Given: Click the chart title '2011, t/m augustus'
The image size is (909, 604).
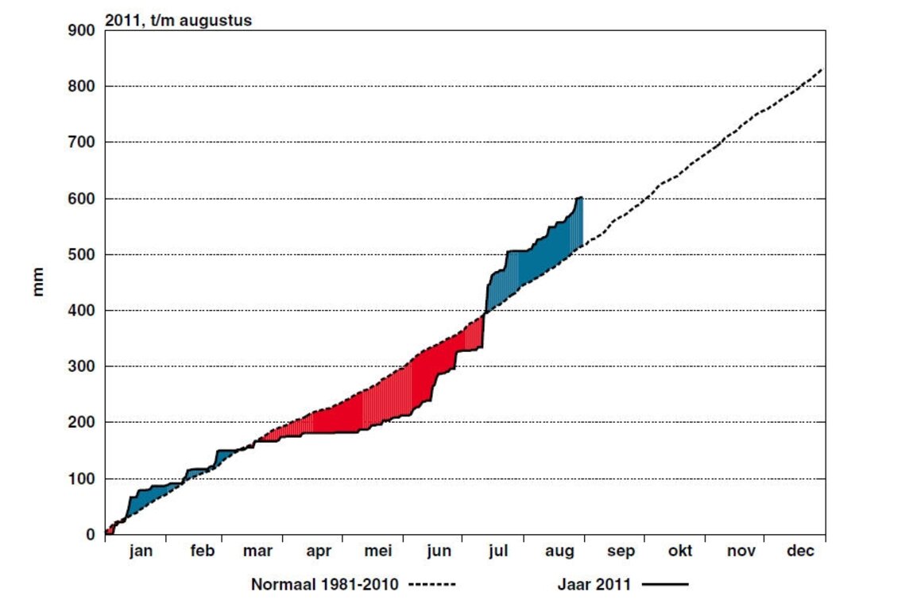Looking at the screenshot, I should tap(178, 21).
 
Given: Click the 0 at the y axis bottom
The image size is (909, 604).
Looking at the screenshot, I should tap(91, 535).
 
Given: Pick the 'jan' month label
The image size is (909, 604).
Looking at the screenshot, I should tap(141, 552).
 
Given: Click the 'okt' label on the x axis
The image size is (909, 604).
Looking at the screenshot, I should tap(681, 552).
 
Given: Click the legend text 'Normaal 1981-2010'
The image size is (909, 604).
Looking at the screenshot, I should tap(325, 585).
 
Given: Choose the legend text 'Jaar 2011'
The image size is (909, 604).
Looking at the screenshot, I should tap(594, 585).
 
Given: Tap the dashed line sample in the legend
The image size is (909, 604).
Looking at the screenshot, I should tap(432, 586).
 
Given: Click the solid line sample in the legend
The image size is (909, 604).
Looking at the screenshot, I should tap(664, 586).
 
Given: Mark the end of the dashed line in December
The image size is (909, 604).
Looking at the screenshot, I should tap(822, 69).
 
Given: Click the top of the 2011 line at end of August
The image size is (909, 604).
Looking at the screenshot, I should tap(582, 197).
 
